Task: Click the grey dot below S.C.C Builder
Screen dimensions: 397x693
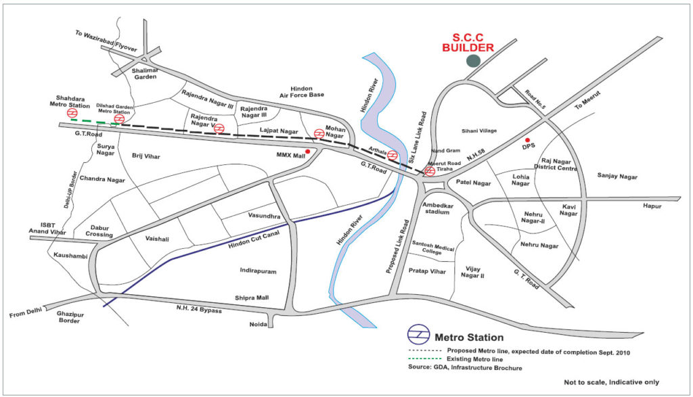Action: click(474, 61)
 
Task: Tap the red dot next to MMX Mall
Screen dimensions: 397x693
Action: click(308, 151)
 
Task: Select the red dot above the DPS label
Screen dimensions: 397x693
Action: click(527, 140)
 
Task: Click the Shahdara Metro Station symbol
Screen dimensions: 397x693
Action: click(62, 114)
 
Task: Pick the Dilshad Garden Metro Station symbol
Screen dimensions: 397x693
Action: click(118, 120)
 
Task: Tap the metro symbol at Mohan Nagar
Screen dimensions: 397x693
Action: click(319, 134)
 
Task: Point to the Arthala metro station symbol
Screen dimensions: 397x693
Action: click(393, 156)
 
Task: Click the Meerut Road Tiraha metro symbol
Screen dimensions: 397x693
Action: click(430, 172)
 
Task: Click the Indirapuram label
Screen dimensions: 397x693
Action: click(259, 271)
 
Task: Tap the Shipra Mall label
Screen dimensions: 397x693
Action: click(252, 298)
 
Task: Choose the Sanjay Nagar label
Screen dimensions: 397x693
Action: click(617, 176)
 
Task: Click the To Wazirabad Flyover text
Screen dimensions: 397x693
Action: click(108, 42)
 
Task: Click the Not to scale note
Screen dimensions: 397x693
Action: click(611, 383)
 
